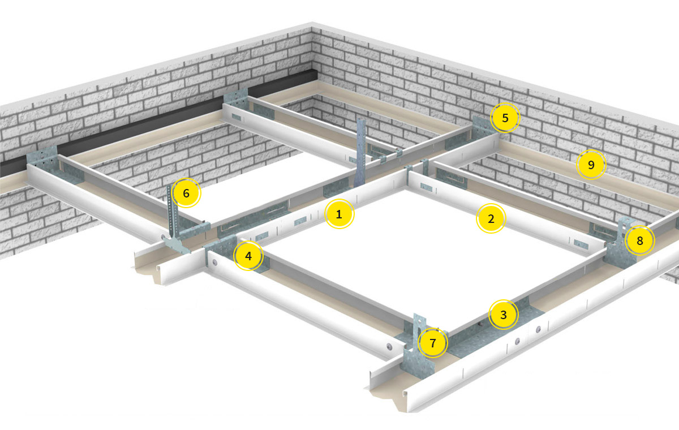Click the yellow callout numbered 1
coord(339,214)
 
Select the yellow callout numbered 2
coord(491,218)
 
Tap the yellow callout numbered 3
coord(504,315)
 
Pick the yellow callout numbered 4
coord(248,256)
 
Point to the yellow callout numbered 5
coord(505,118)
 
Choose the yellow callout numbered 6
coord(186,193)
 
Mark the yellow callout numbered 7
coord(433,343)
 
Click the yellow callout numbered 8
coord(640,240)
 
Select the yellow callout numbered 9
coord(591,165)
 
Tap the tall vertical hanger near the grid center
coord(360,152)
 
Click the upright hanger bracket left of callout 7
coord(418,346)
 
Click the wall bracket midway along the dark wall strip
coord(236,100)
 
